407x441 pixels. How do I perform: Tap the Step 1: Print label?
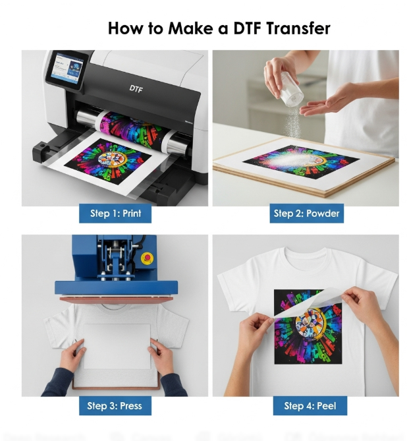115,214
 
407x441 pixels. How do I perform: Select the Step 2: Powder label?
307,214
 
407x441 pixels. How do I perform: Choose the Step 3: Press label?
115,405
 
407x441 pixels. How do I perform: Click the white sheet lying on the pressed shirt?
115,345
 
